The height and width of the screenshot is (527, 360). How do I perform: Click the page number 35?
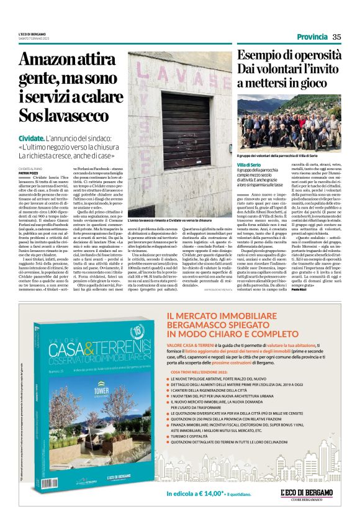pyautogui.click(x=337, y=37)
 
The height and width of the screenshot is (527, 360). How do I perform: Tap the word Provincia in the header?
pyautogui.click(x=312, y=37)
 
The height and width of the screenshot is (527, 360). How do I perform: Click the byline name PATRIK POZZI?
pyautogui.click(x=29, y=173)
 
